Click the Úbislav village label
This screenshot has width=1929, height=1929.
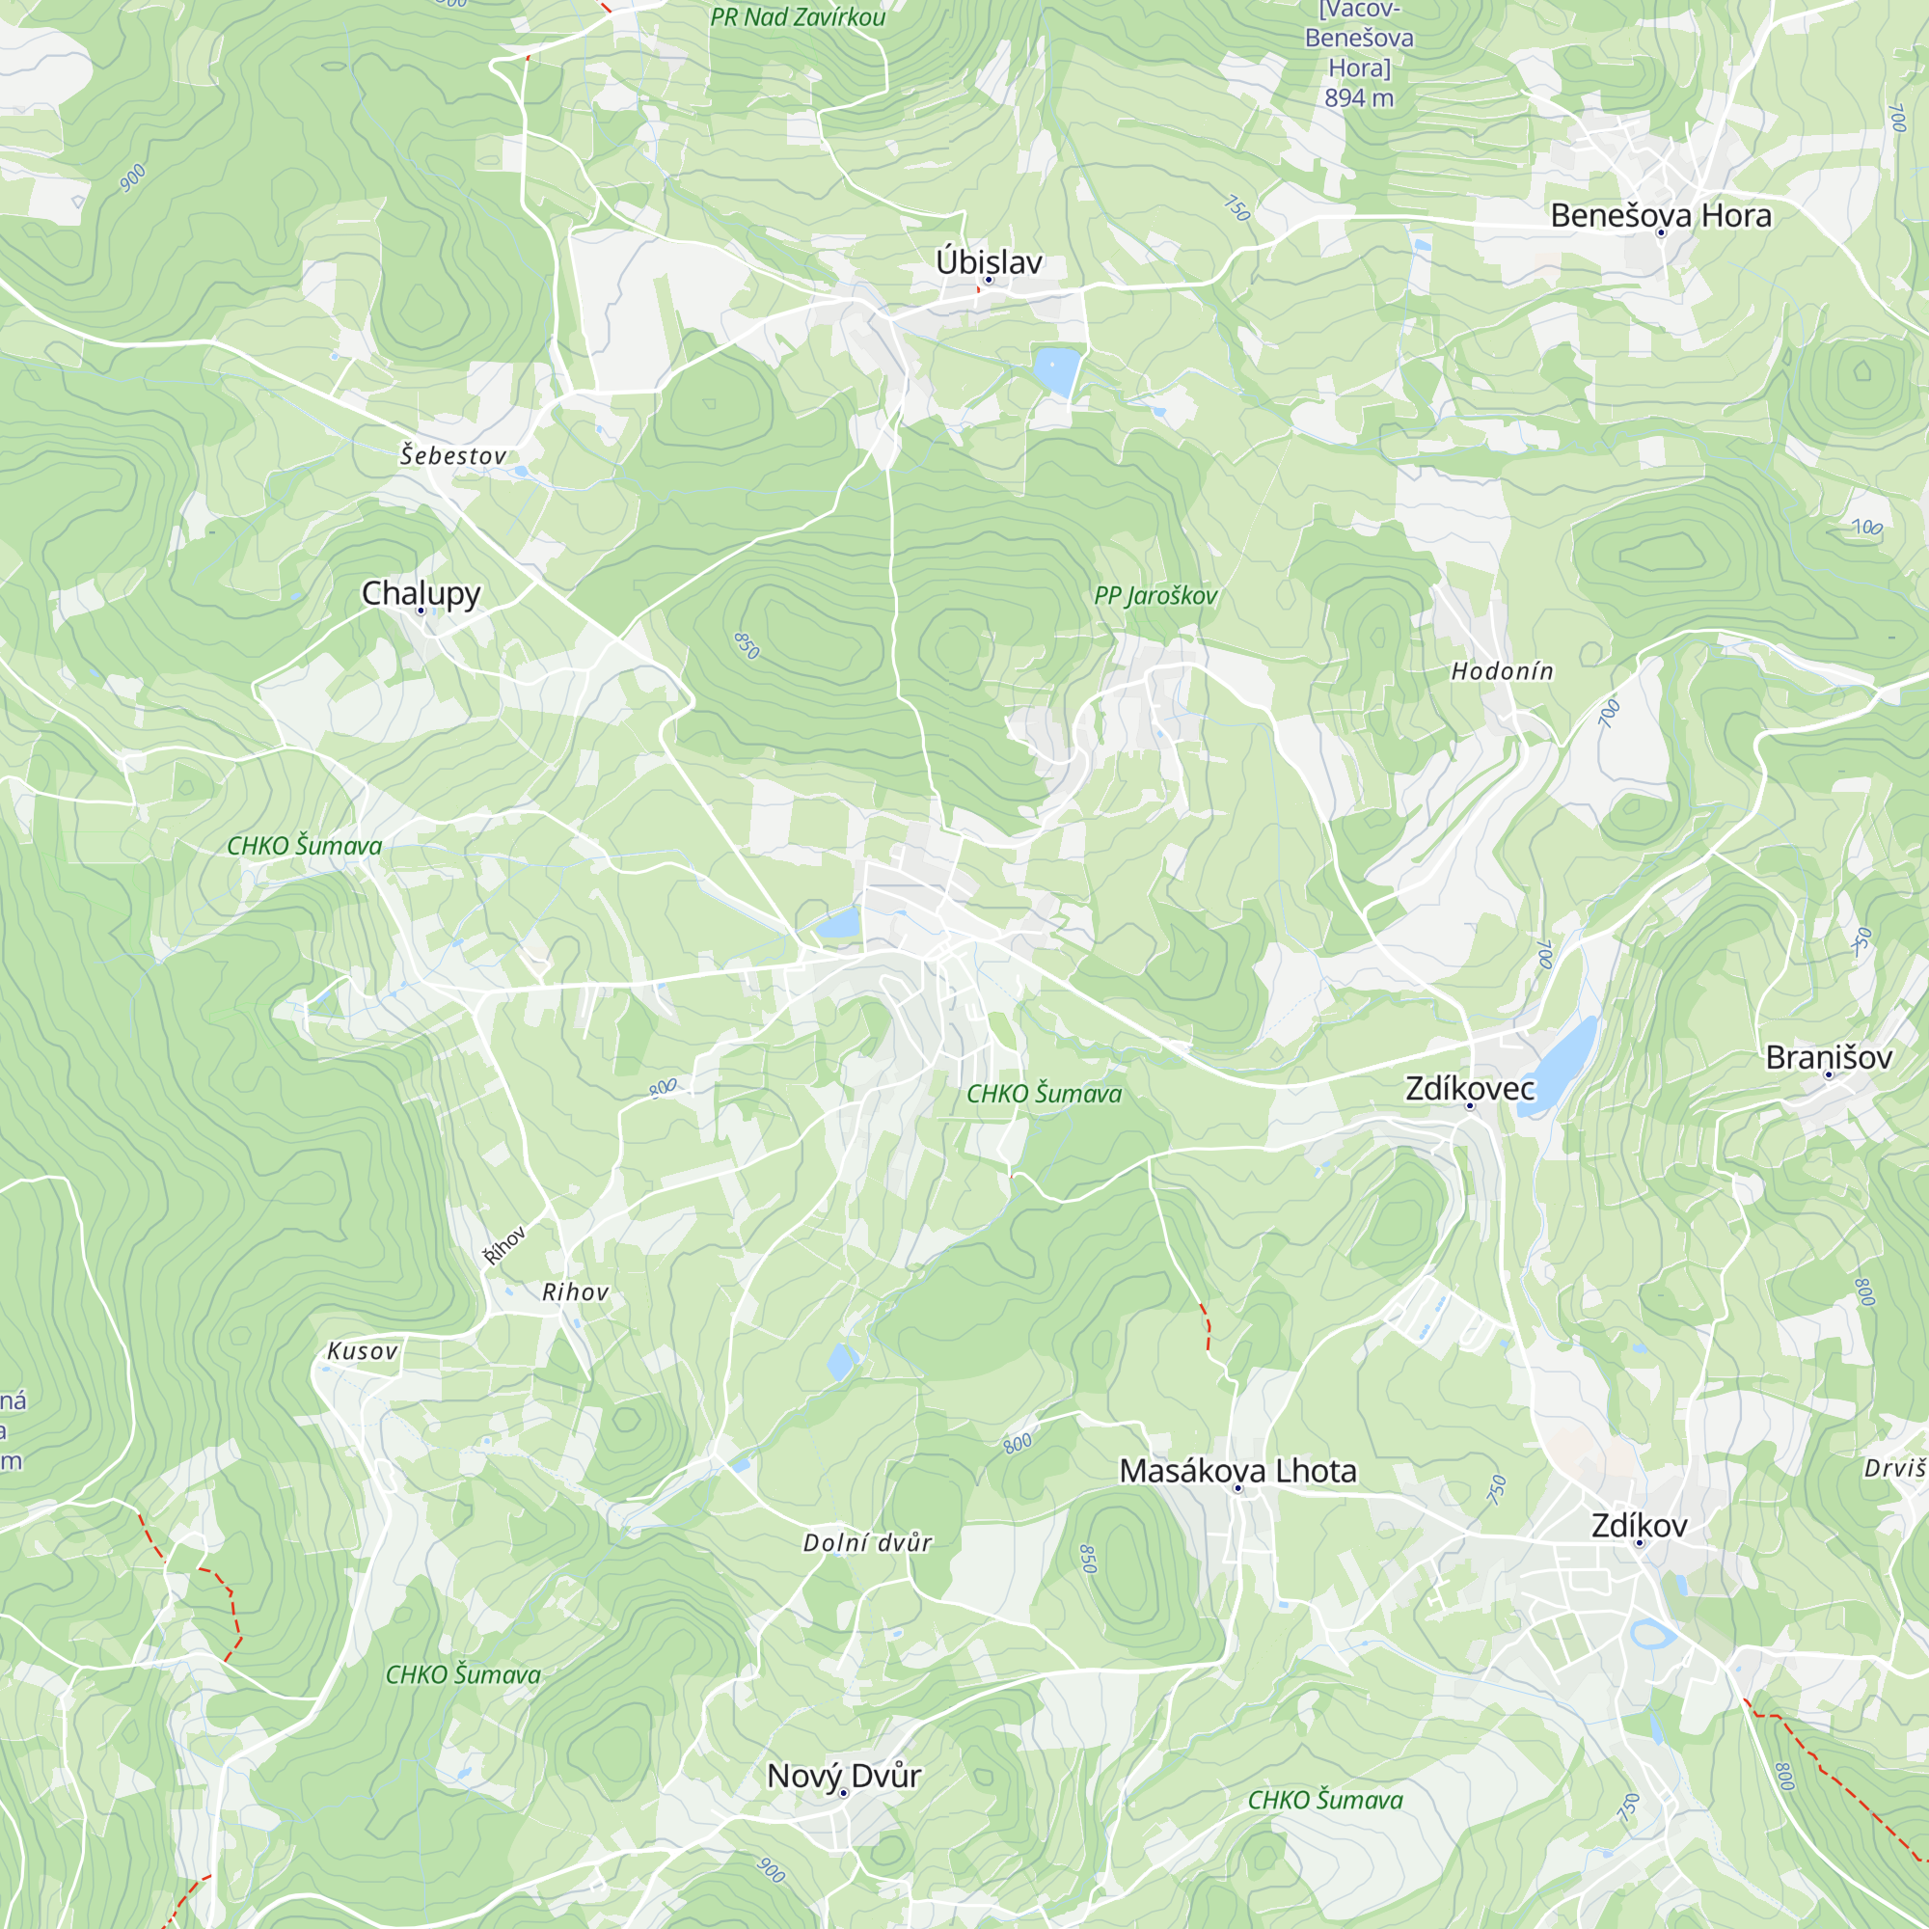(989, 261)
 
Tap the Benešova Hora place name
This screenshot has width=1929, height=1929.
(1661, 215)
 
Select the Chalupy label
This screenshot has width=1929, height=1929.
(421, 592)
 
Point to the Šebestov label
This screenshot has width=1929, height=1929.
(453, 455)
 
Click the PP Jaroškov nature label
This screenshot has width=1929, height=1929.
(1155, 595)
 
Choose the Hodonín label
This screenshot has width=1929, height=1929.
(1502, 671)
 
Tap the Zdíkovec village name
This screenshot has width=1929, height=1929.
(1469, 1087)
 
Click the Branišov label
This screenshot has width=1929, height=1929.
(1828, 1056)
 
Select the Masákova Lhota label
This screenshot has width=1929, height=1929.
(1237, 1470)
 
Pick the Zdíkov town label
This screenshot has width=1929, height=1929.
(1639, 1525)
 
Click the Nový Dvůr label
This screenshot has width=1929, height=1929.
(843, 1776)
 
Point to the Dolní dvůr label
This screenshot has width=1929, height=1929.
(867, 1542)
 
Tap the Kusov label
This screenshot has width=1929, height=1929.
(363, 1351)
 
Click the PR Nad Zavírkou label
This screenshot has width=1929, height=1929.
(797, 17)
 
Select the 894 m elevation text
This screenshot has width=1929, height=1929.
(1358, 97)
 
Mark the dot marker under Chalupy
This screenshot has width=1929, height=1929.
(421, 611)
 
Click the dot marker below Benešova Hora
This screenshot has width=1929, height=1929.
(1661, 233)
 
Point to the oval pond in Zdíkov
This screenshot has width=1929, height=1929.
(1652, 1635)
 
